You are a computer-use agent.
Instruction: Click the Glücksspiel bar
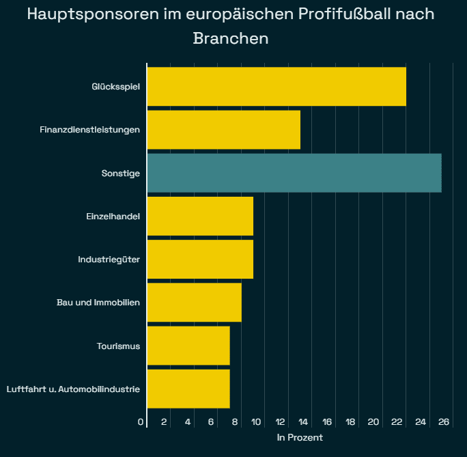click(x=277, y=87)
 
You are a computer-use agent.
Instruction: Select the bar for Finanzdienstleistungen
click(x=224, y=130)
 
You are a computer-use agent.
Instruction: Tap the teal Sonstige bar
click(x=294, y=173)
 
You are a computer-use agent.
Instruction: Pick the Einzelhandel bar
click(x=200, y=216)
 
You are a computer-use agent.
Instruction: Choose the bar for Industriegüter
click(x=200, y=259)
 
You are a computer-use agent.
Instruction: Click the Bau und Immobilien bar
click(x=195, y=302)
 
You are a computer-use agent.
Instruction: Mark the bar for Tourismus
click(x=188, y=345)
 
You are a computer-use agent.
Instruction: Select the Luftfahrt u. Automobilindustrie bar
click(x=188, y=388)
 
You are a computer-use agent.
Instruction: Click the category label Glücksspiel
click(x=115, y=87)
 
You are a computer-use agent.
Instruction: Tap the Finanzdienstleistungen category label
click(x=89, y=130)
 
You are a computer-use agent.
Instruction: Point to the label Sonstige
click(x=120, y=173)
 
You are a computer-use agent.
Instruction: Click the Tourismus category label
click(x=118, y=346)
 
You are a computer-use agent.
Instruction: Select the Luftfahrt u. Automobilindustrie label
click(x=73, y=389)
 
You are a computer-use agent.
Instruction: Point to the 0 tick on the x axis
click(x=141, y=421)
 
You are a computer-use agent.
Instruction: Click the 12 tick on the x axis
click(x=280, y=421)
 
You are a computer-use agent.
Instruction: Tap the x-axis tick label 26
click(x=444, y=421)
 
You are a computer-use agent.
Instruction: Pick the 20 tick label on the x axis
click(x=373, y=421)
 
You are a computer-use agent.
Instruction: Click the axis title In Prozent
click(x=300, y=437)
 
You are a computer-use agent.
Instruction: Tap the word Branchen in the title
click(x=231, y=38)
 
